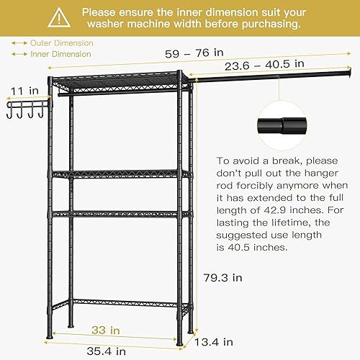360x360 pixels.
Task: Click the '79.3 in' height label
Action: point(222,277)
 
